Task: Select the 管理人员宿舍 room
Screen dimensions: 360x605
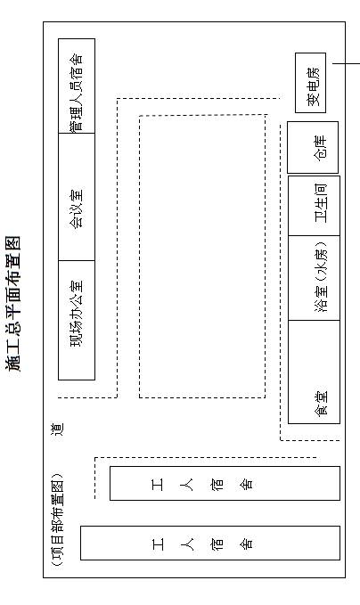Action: click(x=77, y=86)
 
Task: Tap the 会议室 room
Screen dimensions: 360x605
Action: click(x=77, y=197)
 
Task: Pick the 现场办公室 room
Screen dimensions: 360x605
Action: click(x=77, y=320)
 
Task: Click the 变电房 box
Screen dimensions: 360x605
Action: click(x=311, y=83)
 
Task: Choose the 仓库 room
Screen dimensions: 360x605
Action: click(x=313, y=147)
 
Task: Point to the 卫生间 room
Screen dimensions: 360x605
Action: click(x=314, y=206)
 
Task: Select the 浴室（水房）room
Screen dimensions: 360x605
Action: click(x=314, y=278)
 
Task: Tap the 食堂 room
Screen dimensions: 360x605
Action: click(x=314, y=372)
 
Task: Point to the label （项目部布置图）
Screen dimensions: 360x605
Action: click(x=58, y=519)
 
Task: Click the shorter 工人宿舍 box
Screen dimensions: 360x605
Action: click(x=225, y=484)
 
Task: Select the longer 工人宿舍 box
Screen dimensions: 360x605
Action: click(x=210, y=543)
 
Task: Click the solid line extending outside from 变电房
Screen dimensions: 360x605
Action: click(x=346, y=63)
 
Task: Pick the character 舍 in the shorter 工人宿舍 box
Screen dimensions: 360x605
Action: click(x=247, y=484)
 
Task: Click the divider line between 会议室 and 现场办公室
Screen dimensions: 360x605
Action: click(x=77, y=260)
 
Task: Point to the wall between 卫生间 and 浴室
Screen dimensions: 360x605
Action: click(x=314, y=235)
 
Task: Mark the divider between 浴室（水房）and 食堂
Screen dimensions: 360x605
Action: click(x=314, y=320)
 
